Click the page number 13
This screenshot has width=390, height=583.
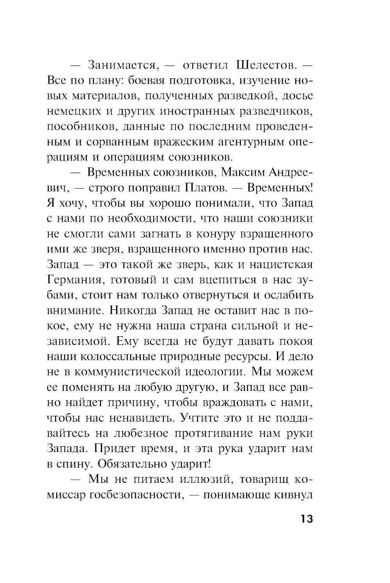click(x=307, y=519)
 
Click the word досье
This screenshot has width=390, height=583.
click(x=299, y=95)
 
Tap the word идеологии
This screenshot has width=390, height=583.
click(x=214, y=371)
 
